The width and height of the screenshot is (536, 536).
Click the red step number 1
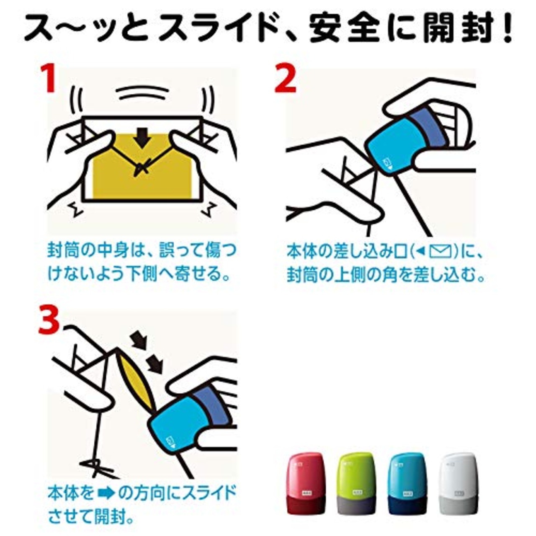[x=49, y=79]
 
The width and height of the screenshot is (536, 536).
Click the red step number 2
[x=286, y=79]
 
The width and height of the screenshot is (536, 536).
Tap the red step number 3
[x=49, y=322]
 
